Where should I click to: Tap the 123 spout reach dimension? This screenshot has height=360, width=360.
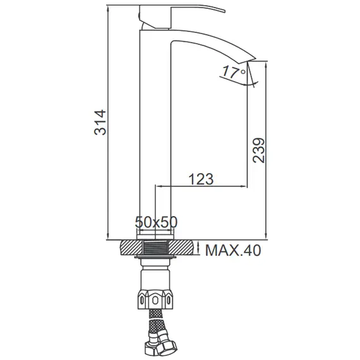tap(201, 179)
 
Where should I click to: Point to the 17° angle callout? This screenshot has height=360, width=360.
tap(234, 73)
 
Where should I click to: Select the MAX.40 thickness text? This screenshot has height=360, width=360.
tap(233, 251)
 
